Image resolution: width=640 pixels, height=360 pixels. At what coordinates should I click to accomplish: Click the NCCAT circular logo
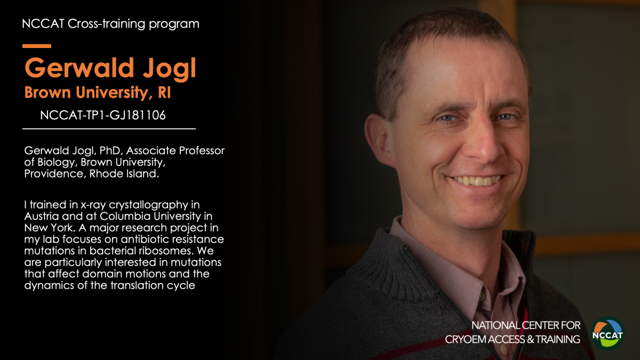point(607,333)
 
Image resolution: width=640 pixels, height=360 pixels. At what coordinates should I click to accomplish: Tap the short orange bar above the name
point(37,46)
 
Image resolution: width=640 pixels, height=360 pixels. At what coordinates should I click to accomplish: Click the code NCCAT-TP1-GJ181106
point(103,115)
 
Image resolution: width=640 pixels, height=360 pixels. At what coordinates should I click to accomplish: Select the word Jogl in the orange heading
point(170,68)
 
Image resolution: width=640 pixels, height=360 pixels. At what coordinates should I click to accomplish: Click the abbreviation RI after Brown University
point(164,93)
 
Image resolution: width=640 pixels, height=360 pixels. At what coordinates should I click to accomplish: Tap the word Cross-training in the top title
point(106,23)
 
